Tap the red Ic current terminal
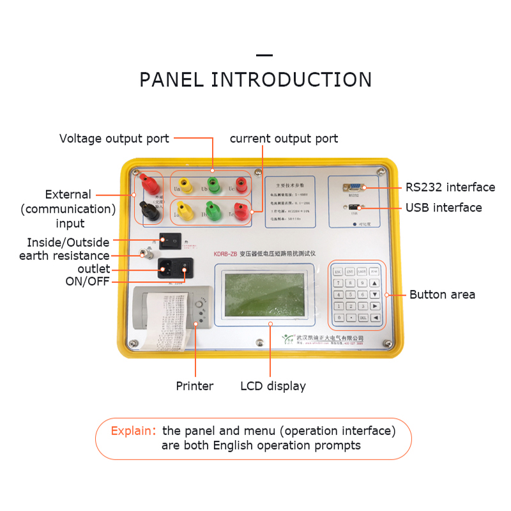(x=241, y=210)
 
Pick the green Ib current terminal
(x=213, y=210)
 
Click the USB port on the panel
(x=354, y=208)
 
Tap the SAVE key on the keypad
(x=362, y=271)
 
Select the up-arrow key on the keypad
(x=375, y=283)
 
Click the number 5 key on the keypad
(x=351, y=294)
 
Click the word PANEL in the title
(x=172, y=80)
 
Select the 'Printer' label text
(x=195, y=386)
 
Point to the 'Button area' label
(x=442, y=294)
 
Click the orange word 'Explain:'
(x=133, y=431)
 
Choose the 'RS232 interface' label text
(x=450, y=187)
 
